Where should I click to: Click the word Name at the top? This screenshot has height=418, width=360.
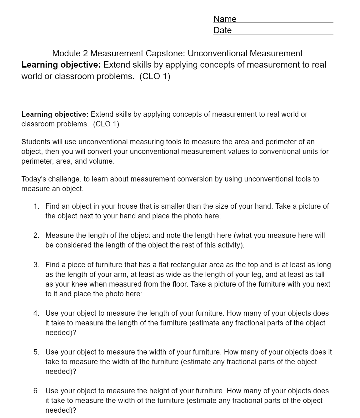point(225,19)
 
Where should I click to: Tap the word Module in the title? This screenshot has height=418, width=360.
point(66,54)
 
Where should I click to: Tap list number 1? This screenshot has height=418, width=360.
point(37,206)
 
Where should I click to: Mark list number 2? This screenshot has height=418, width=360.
point(37,236)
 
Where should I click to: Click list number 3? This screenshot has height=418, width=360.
point(37,265)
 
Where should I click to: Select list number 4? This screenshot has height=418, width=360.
point(37,313)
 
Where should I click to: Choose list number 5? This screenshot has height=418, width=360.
point(37,352)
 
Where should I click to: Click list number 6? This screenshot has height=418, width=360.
point(37,391)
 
